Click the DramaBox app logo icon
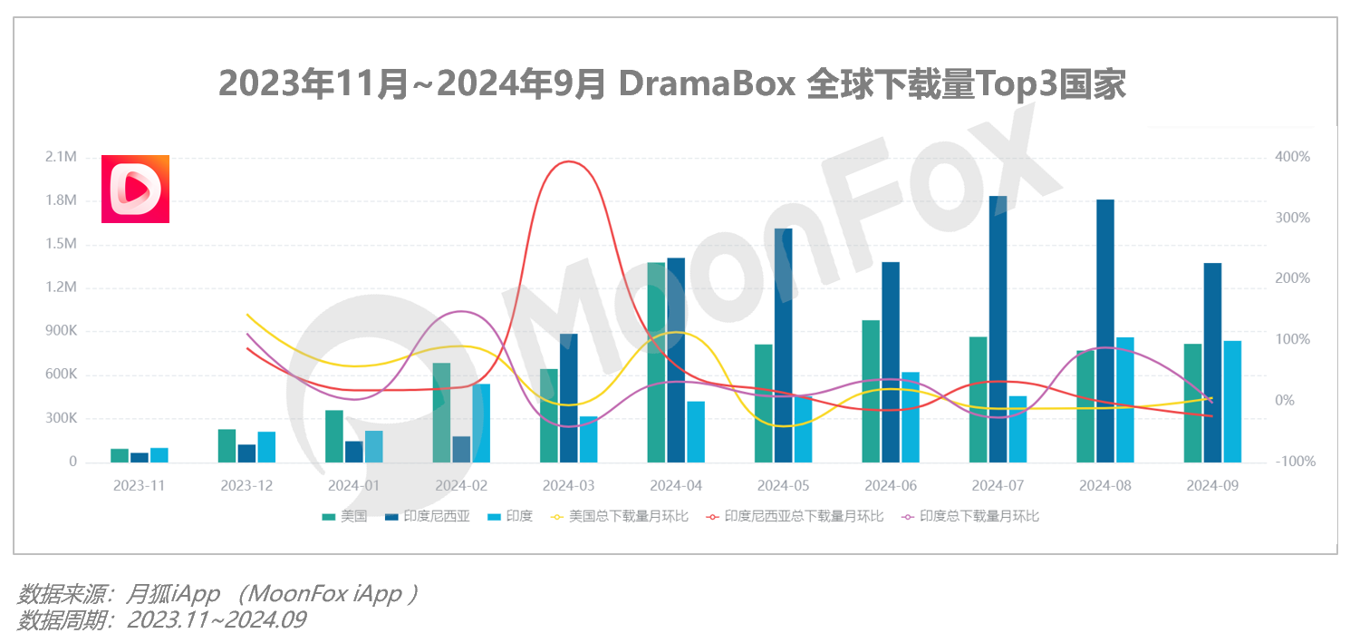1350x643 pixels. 135,189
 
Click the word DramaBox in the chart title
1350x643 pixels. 707,85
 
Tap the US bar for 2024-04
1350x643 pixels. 656,362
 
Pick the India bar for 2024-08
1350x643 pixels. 1125,400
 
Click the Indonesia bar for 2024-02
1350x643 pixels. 461,449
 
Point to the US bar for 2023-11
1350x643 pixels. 120,455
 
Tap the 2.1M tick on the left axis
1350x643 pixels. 61,158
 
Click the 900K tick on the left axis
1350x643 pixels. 61,332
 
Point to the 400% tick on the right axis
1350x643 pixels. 1292,158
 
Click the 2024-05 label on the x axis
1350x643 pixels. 784,486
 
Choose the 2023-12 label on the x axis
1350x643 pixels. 246,486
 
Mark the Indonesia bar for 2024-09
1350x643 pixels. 1212,363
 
